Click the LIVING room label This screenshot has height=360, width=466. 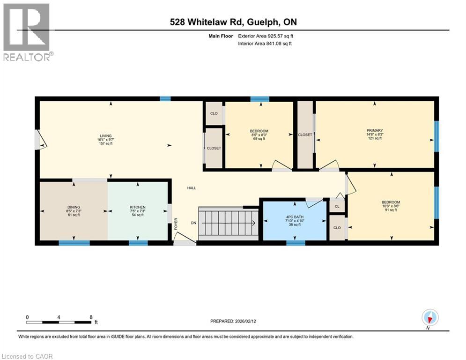pos(105,136)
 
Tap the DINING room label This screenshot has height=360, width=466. pos(74,207)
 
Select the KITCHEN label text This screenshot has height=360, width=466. pos(138,207)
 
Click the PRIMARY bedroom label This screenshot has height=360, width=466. pos(375,131)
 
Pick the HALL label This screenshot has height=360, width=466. pos(191,188)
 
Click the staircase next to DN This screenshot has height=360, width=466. pos(228,224)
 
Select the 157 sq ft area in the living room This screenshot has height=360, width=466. pos(105,144)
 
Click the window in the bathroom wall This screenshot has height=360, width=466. pos(296,243)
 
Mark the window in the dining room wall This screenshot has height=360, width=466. pos(74,243)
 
